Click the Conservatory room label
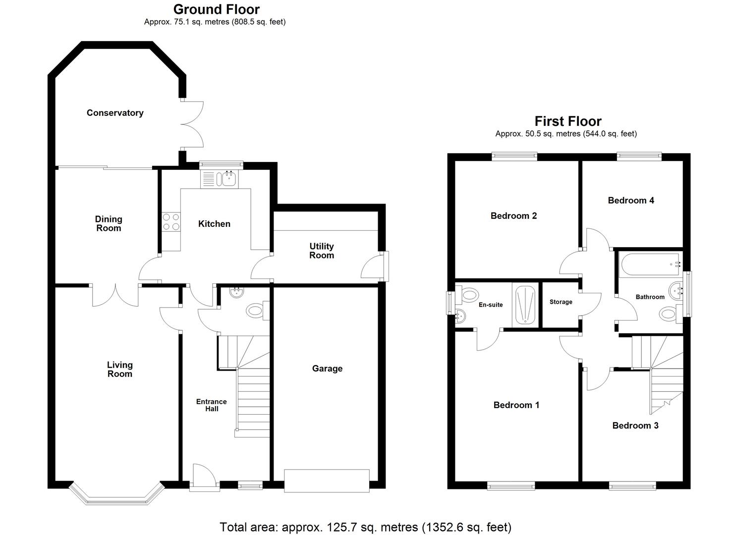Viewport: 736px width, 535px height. (115, 113)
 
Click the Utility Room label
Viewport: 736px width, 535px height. (322, 251)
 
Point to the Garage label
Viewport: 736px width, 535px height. (327, 369)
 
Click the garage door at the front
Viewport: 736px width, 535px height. (327, 481)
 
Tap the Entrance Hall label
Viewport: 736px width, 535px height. (212, 405)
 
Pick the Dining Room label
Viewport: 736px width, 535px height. (109, 223)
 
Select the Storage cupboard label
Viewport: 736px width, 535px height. (561, 302)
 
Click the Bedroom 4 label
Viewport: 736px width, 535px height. (631, 200)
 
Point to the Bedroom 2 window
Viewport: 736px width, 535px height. (514, 157)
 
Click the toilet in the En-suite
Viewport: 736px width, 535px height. (467, 296)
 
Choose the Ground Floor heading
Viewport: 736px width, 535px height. (216, 9)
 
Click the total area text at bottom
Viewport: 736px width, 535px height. (365, 527)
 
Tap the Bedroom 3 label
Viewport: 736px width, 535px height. (635, 426)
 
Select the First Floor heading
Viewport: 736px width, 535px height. (567, 121)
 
